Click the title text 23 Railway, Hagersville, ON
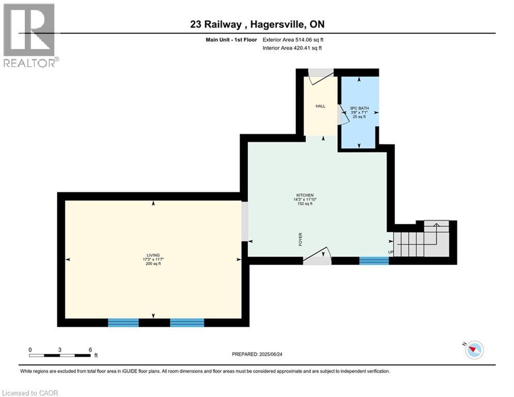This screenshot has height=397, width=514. (x=256, y=24)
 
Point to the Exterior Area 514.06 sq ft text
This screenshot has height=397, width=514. (x=293, y=39)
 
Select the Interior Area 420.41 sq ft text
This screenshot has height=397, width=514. (x=292, y=48)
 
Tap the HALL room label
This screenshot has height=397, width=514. (x=320, y=106)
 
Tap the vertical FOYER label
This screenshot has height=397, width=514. (x=300, y=239)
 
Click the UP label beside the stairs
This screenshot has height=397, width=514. (x=391, y=252)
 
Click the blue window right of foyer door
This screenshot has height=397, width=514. (x=373, y=261)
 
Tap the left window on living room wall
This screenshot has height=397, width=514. (x=123, y=323)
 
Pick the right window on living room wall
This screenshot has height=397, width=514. (x=187, y=323)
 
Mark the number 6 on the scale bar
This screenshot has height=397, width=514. (x=90, y=349)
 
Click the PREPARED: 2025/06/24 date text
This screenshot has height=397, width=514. (x=258, y=354)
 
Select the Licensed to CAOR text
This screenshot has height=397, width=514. (x=30, y=393)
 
